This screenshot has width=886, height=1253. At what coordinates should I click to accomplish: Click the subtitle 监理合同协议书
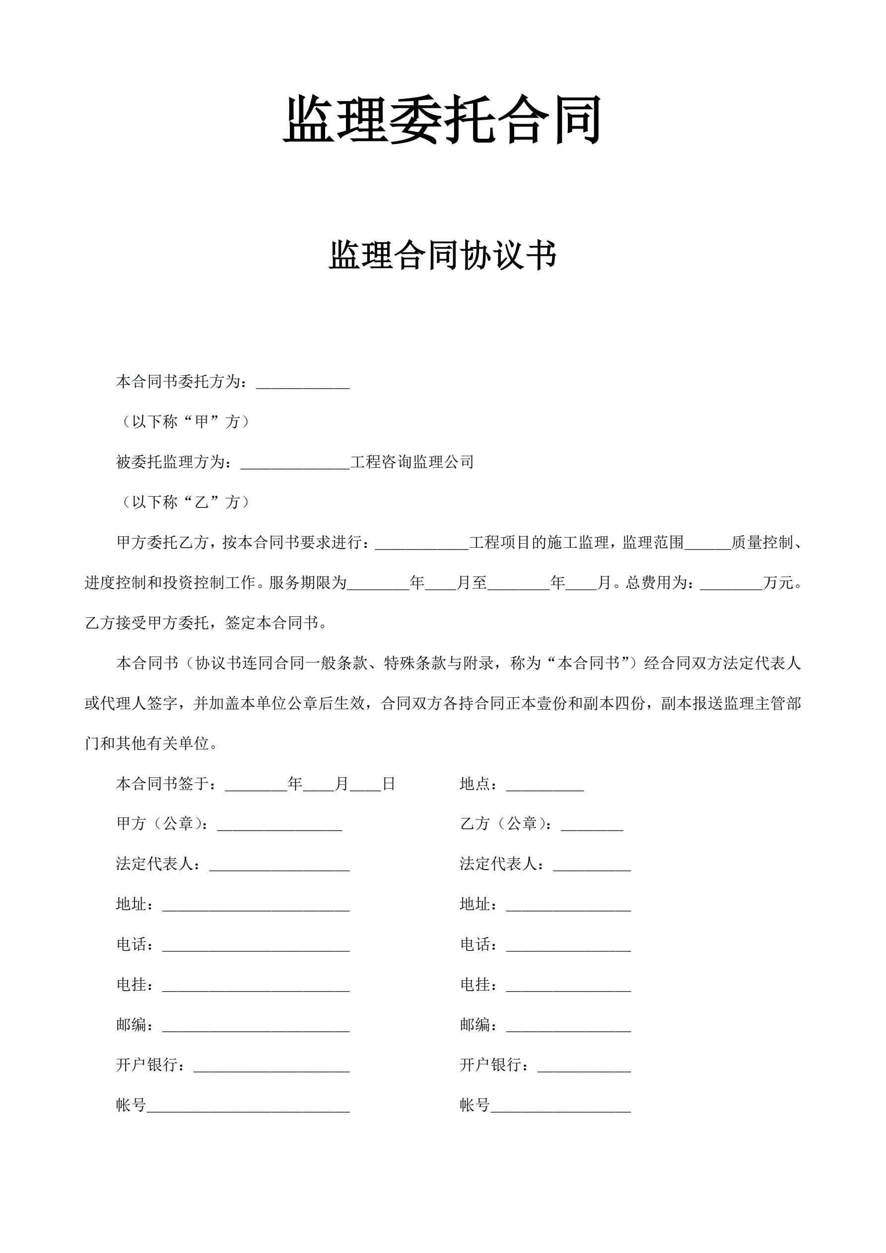442,255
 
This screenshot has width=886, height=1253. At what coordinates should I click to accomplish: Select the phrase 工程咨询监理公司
412,462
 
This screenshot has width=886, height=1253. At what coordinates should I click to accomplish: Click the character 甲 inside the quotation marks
202,422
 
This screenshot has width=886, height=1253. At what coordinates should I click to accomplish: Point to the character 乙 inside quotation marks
202,502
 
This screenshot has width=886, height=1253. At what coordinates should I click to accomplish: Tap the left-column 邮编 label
132,1025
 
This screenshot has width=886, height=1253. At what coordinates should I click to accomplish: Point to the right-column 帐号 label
475,1105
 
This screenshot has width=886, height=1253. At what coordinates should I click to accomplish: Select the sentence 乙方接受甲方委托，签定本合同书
205,623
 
